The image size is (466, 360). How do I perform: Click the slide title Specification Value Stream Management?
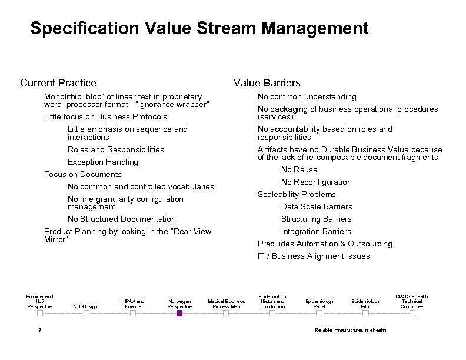click(199, 28)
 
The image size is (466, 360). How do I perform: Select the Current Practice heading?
click(58, 83)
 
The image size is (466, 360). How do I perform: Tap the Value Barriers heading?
click(267, 83)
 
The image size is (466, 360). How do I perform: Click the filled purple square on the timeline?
click(179, 314)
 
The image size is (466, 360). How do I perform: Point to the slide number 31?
click(40, 330)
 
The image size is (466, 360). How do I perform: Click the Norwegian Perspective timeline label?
click(179, 304)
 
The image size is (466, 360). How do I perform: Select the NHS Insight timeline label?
click(86, 306)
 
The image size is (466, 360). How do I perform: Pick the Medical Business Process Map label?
click(226, 304)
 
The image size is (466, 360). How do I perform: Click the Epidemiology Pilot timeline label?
click(365, 304)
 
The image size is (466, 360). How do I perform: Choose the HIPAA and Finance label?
click(133, 304)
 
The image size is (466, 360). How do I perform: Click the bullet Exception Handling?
click(103, 162)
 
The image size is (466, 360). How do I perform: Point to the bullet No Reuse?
click(299, 169)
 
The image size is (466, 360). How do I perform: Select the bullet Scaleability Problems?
click(297, 194)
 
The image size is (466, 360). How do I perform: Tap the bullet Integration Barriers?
click(316, 231)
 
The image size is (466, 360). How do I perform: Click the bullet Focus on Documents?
click(83, 174)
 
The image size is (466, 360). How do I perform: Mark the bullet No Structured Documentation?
click(122, 219)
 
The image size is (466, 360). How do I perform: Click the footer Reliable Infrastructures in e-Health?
click(351, 330)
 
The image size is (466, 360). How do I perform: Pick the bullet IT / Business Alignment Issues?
click(314, 256)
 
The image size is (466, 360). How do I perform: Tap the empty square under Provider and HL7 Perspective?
click(40, 314)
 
